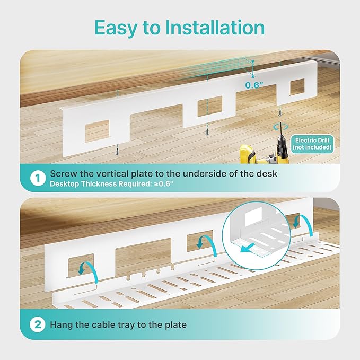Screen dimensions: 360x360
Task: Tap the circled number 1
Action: pyautogui.click(x=38, y=179)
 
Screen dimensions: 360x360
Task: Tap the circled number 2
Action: pyautogui.click(x=38, y=324)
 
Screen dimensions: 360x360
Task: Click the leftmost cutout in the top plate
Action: pyautogui.click(x=97, y=130)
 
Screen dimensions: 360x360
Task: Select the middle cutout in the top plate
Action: pyautogui.click(x=210, y=107)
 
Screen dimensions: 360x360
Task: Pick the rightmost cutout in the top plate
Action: pyautogui.click(x=290, y=90)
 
